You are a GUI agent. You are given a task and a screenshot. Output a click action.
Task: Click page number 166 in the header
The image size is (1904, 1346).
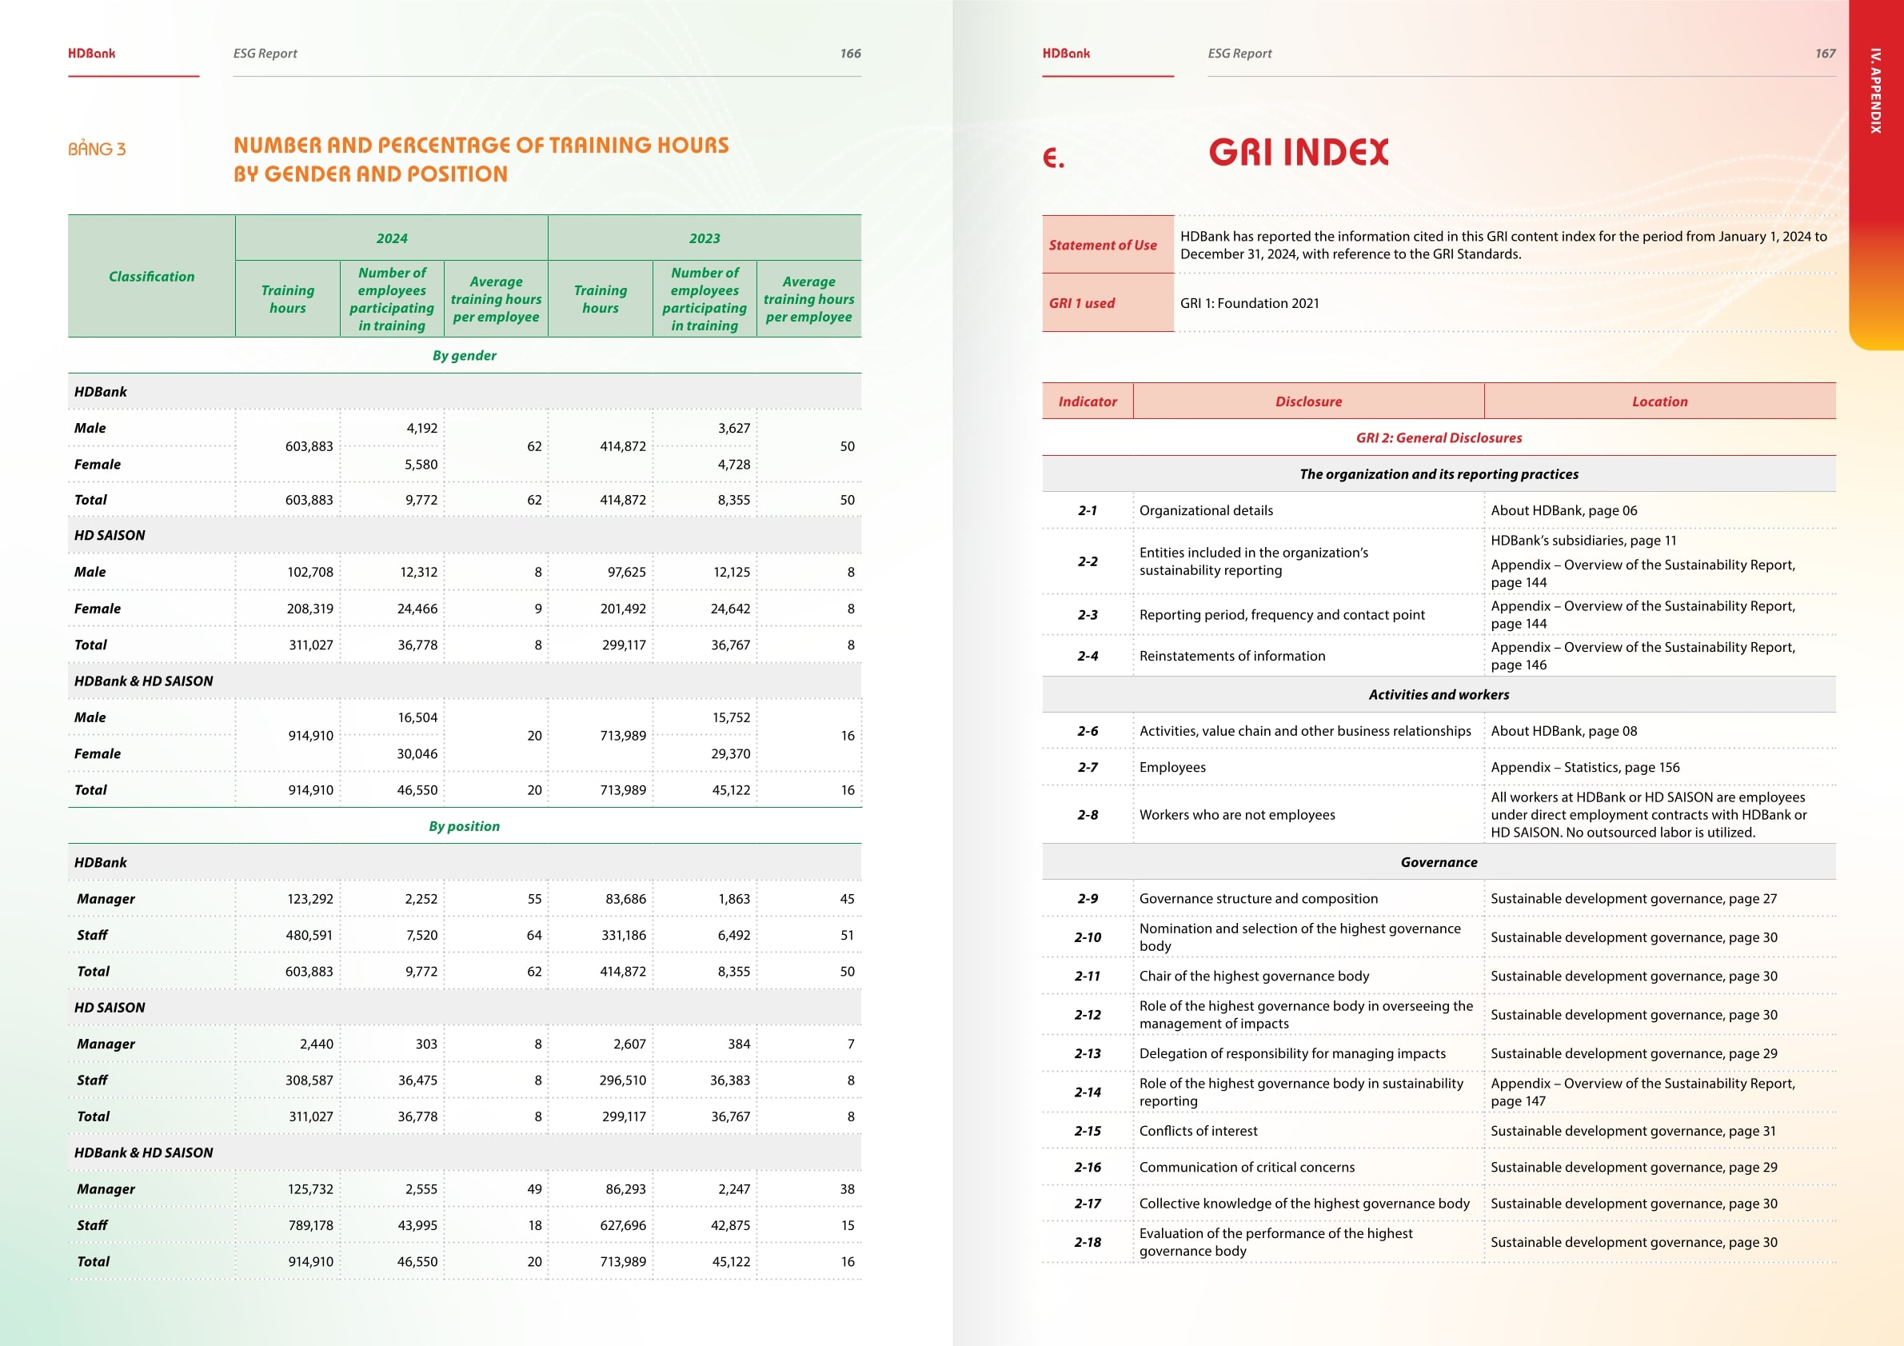(850, 53)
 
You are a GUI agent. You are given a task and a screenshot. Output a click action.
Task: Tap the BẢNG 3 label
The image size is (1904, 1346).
(97, 150)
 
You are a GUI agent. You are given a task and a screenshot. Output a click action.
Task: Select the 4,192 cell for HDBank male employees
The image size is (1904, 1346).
(421, 428)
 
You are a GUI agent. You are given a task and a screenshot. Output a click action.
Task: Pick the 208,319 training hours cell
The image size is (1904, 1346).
(309, 609)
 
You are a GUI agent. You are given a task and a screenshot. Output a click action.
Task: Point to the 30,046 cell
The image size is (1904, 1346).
(417, 754)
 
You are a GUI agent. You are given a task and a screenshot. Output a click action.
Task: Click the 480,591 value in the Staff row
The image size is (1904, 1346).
(309, 936)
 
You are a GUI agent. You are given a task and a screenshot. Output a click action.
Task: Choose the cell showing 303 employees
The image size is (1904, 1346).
(425, 1044)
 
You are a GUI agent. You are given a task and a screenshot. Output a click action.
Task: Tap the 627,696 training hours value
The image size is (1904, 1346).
(622, 1226)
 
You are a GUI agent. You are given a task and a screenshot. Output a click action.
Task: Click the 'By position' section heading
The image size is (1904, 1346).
(464, 826)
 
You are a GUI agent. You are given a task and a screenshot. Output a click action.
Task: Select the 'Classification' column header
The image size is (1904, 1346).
(151, 276)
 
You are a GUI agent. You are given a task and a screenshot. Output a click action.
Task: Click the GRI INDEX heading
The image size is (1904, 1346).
(1298, 153)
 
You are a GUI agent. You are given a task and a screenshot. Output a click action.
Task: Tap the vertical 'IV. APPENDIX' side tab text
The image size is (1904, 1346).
(1875, 91)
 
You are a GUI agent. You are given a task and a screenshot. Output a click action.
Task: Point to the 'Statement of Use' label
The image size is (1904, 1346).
(1102, 246)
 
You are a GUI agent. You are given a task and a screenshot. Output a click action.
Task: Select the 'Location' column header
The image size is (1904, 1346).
(1659, 401)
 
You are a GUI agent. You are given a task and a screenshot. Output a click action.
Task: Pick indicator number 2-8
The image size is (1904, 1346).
(1088, 815)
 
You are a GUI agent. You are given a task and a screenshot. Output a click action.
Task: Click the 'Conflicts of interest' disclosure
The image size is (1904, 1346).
(1197, 1131)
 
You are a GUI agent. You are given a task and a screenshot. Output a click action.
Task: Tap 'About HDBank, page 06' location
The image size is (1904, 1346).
(1563, 511)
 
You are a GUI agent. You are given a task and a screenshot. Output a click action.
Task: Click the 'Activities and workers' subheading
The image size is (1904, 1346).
(1438, 695)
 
